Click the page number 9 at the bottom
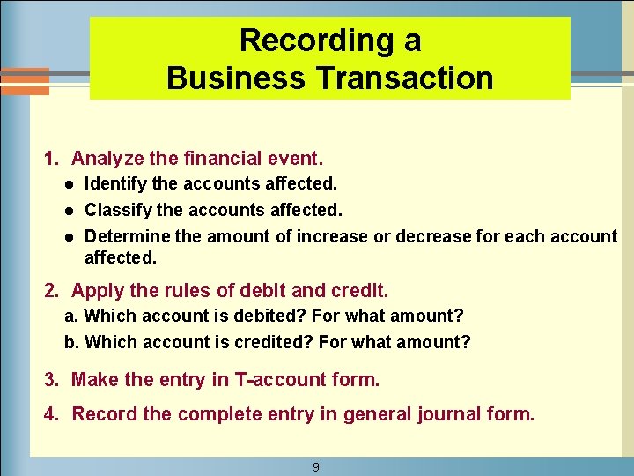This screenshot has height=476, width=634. coord(316,467)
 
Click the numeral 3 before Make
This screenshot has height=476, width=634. coord(50,380)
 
